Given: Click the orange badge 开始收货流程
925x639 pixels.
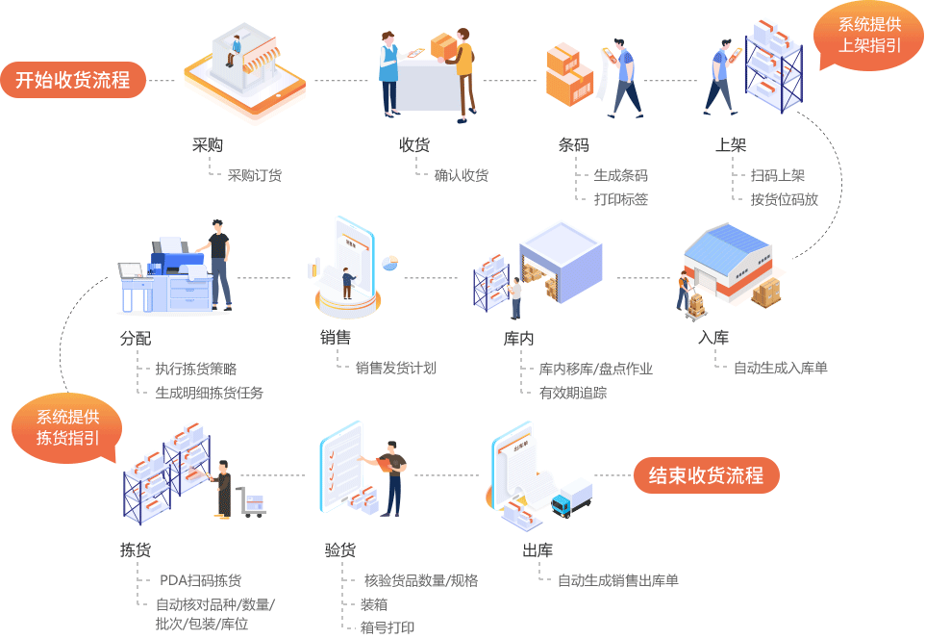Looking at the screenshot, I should point(73,80).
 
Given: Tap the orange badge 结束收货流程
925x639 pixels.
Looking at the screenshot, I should point(706,475).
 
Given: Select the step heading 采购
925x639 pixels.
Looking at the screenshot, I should point(208,145).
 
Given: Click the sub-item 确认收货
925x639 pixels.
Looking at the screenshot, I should point(462,175).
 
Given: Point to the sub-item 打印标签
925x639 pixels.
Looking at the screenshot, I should point(620,199).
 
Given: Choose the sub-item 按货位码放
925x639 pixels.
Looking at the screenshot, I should point(784,199).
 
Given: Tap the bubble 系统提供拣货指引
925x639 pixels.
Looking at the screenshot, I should point(68,427).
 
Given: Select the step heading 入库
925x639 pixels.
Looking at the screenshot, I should point(713,338).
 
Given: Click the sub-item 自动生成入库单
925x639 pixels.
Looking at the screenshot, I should point(780,368).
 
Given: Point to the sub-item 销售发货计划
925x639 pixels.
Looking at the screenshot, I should point(395,368).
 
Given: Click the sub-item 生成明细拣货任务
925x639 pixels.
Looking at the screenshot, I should point(209,393).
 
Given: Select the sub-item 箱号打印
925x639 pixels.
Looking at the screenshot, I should point(387,627).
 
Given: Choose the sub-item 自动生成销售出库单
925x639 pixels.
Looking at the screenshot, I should point(617,580).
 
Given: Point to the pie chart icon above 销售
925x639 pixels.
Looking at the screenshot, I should point(389,263).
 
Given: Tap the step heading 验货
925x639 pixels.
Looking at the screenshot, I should point(340,550).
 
